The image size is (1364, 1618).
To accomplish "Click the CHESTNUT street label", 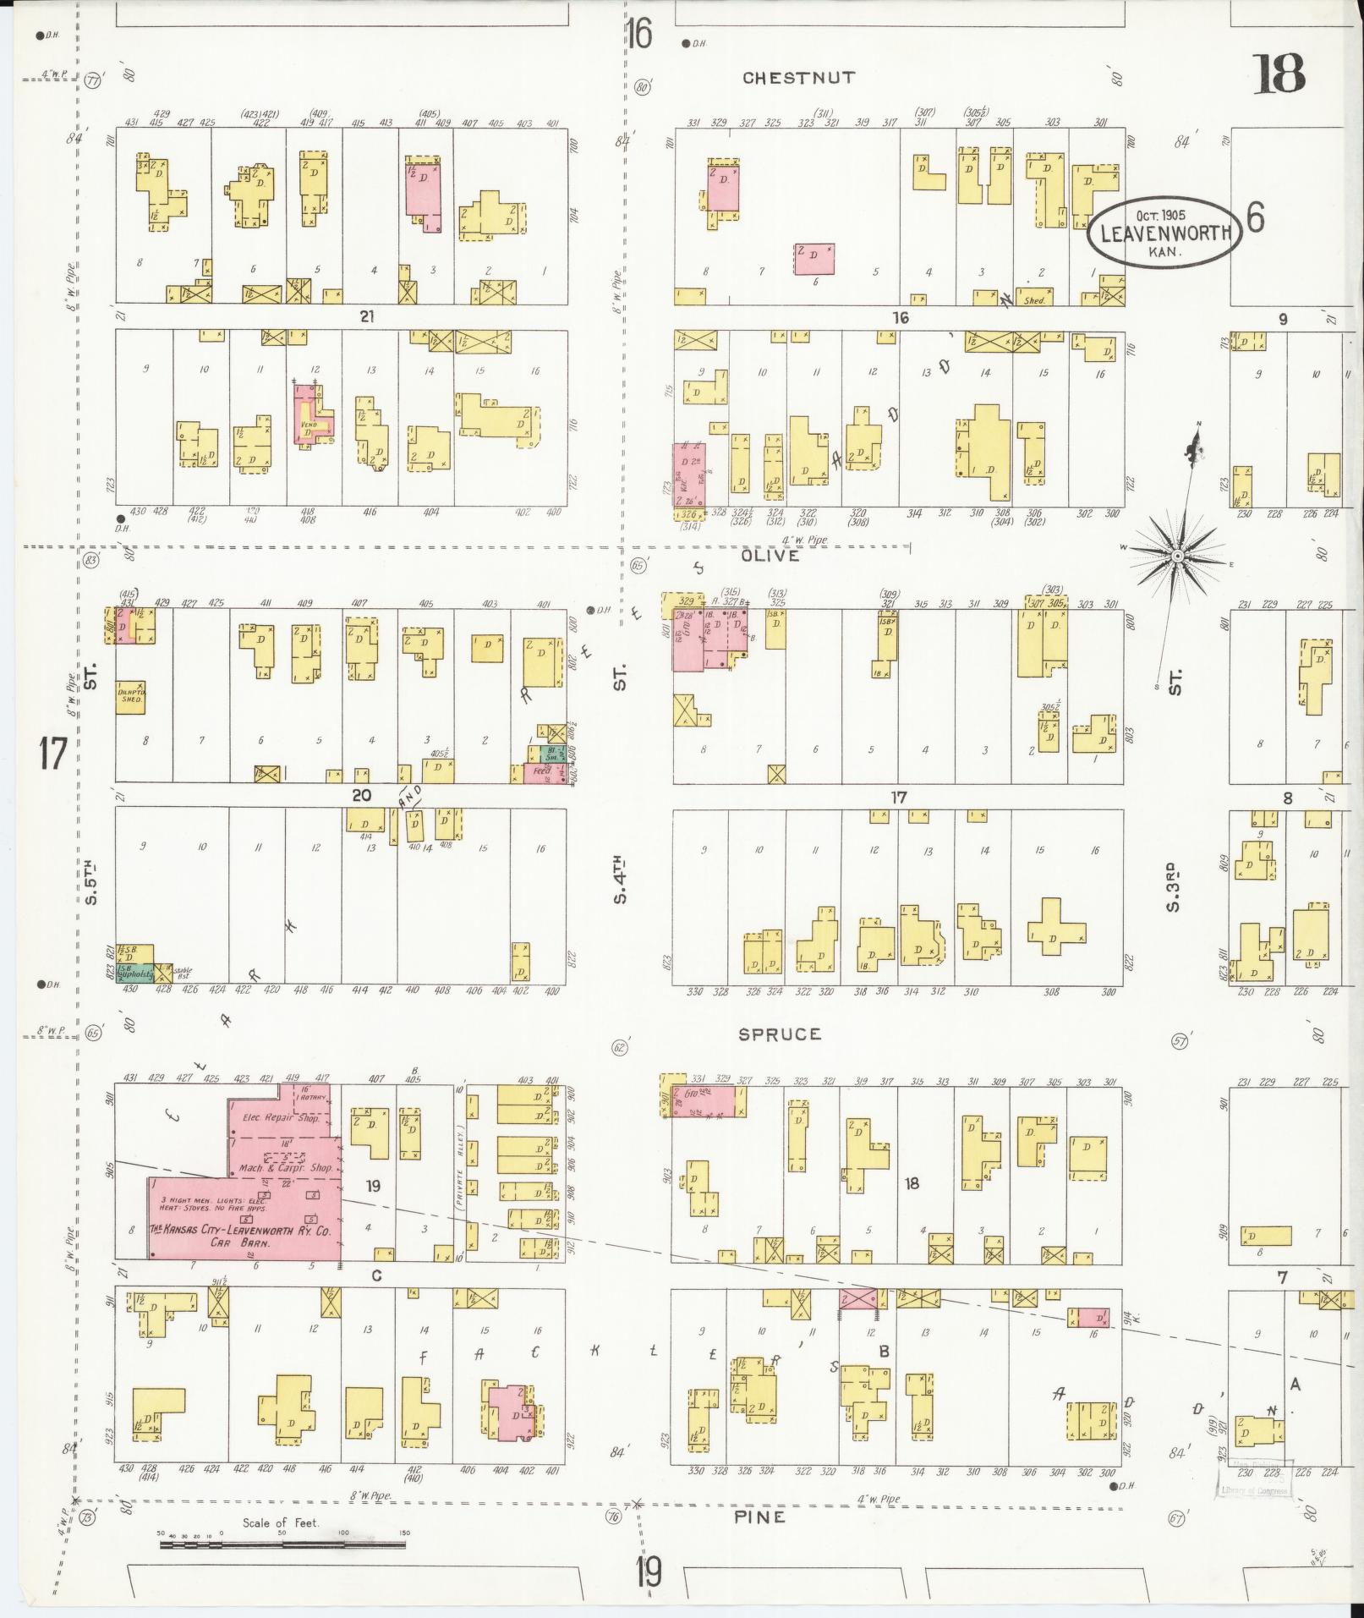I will [798, 78].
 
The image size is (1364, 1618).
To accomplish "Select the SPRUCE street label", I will [779, 1034].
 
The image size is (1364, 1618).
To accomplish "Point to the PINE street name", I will [759, 1517].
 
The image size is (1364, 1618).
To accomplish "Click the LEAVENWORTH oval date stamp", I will [1165, 230].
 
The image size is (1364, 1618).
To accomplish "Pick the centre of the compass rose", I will [1176, 555].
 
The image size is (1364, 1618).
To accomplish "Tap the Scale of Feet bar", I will [282, 1544].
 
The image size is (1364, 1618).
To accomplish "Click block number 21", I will [366, 317].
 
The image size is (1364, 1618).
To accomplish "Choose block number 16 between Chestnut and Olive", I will [900, 317].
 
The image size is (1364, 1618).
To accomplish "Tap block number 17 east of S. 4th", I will [898, 797].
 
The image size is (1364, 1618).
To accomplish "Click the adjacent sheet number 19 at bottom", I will [649, 1574].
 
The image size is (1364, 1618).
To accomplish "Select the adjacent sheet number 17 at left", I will [52, 753].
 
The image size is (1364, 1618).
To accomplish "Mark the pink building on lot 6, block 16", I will [813, 259].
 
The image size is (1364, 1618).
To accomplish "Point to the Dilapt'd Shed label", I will [131, 694].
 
